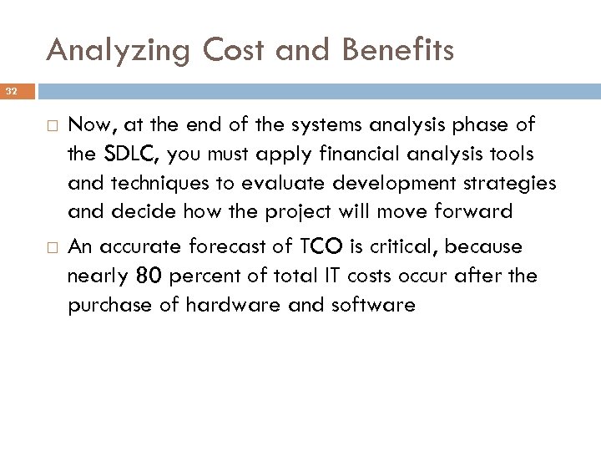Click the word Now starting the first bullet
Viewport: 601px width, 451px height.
pyautogui.click(x=89, y=125)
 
